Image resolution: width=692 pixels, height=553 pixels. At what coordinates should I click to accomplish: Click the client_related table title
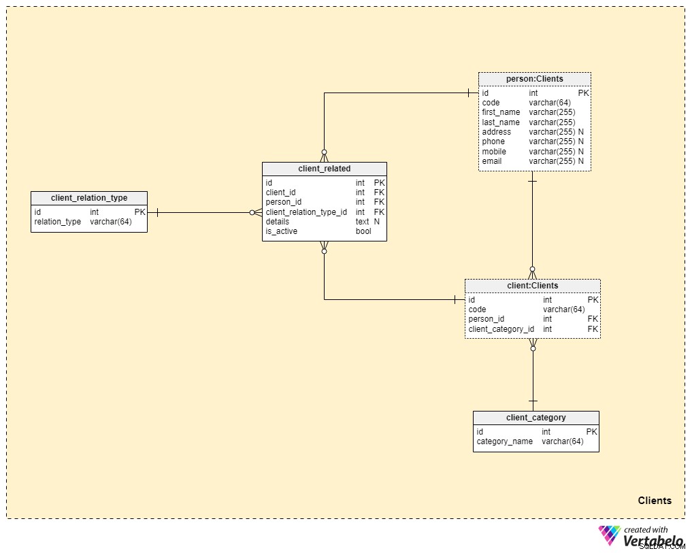click(x=325, y=169)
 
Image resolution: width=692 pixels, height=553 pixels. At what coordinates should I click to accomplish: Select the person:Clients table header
click(x=534, y=79)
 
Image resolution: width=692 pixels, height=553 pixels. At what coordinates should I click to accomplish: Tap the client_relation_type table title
click(x=89, y=198)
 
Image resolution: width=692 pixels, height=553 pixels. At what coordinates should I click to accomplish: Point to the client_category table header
click(x=536, y=418)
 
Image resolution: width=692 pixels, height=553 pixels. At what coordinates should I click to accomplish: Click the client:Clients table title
click(x=533, y=286)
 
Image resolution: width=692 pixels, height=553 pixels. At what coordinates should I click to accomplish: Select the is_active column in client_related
click(x=282, y=231)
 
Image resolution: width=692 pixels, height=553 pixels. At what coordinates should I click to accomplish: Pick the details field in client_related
click(x=278, y=222)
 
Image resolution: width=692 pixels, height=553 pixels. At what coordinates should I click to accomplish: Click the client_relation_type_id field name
click(x=306, y=212)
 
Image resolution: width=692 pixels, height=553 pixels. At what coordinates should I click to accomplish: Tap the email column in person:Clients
click(x=492, y=161)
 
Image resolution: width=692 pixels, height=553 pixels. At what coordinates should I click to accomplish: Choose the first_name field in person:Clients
click(x=501, y=112)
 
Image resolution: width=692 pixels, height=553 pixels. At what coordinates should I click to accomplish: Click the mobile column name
click(x=494, y=152)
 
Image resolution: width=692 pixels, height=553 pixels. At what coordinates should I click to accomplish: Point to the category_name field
click(x=504, y=441)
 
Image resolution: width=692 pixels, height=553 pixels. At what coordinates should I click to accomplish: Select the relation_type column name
click(x=58, y=222)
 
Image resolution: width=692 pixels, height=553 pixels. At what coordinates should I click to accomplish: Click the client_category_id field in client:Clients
click(x=501, y=329)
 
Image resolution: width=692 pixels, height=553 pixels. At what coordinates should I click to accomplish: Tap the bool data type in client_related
click(x=363, y=231)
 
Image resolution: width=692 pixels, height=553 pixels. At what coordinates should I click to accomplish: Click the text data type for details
click(x=362, y=222)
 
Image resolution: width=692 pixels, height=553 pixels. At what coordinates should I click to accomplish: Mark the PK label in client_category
click(x=591, y=432)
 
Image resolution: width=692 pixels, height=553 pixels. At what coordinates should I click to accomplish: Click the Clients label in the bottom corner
click(x=655, y=501)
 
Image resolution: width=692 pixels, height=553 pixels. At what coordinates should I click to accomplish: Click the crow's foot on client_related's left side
click(x=256, y=212)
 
